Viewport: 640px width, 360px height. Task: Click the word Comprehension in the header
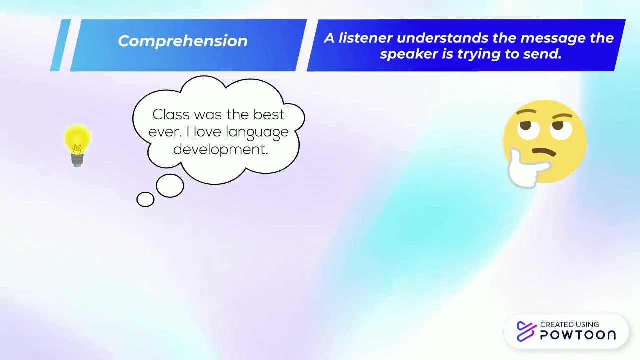(x=182, y=41)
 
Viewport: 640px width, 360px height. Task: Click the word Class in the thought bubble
(x=171, y=114)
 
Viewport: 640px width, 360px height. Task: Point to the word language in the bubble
(x=257, y=132)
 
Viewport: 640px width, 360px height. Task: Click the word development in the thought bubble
(x=220, y=149)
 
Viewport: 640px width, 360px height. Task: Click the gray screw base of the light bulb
(x=77, y=160)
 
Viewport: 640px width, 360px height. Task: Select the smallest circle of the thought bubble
(x=145, y=199)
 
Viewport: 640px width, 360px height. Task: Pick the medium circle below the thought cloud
(x=170, y=186)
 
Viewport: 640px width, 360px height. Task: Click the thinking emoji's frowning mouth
(x=543, y=151)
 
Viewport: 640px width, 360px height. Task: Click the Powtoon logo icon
(x=526, y=331)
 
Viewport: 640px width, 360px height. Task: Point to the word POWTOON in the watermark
(x=578, y=335)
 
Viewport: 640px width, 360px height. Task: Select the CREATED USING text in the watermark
(x=569, y=324)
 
